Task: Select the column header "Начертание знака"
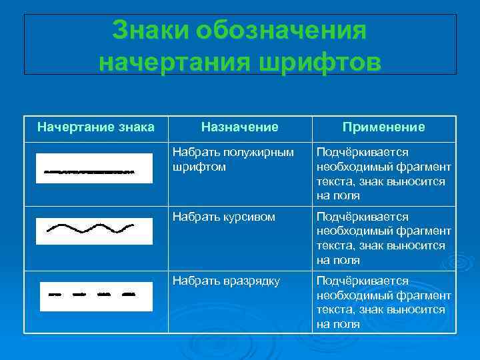(95, 127)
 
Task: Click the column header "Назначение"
(239, 127)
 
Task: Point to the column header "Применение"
(383, 127)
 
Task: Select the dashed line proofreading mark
(93, 293)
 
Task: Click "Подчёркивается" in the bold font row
(362, 153)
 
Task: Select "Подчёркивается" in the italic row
(362, 217)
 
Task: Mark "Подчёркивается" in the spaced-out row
(362, 281)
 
